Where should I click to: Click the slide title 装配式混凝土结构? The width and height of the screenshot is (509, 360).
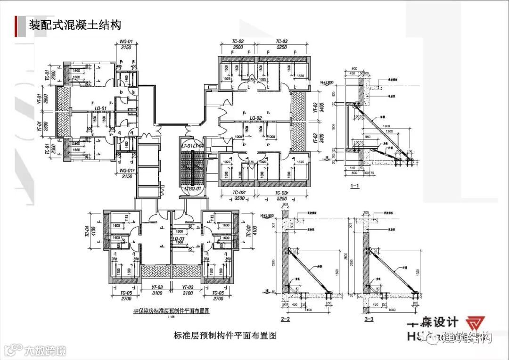75,24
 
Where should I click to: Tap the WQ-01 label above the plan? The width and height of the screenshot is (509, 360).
126,41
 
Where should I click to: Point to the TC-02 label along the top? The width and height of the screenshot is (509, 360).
238,41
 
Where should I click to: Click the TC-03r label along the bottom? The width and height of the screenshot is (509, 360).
282,193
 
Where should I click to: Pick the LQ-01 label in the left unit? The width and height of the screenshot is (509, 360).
99,108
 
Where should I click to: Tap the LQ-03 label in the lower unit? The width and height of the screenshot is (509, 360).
178,239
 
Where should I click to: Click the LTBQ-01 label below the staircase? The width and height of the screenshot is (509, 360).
193,189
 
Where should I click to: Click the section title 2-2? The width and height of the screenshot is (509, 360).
285,320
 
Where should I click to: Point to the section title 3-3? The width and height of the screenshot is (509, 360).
369,320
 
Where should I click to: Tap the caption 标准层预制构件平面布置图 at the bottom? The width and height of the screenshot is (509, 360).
224,336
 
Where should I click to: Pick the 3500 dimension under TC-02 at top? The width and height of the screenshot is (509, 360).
238,48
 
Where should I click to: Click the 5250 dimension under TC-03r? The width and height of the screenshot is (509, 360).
282,199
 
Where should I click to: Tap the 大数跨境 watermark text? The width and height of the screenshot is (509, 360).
45,351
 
